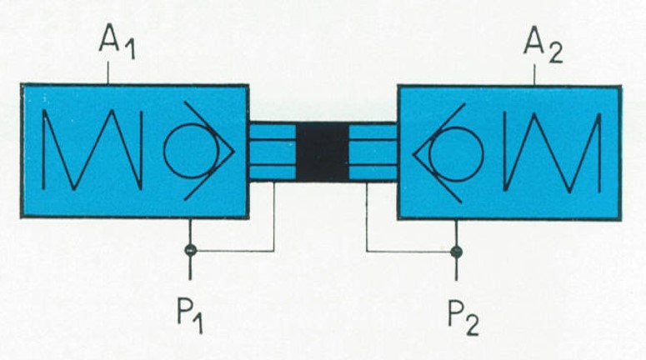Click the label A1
point(117,41)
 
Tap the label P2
point(464,318)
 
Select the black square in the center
point(323,152)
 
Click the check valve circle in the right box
point(456,154)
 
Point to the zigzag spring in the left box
point(93,150)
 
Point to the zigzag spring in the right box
point(552,152)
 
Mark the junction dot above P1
point(190,250)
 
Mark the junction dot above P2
point(456,252)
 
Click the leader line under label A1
point(108,72)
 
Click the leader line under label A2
point(535,75)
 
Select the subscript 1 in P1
point(198,323)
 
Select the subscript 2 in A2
point(555,53)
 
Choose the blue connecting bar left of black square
point(273,152)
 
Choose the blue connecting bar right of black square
point(373,152)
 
